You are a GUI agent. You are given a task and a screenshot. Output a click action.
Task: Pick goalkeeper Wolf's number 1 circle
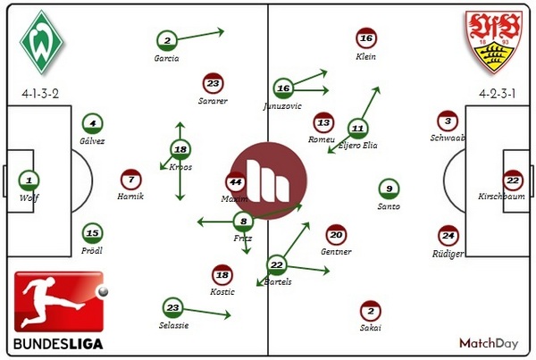coord(29,180)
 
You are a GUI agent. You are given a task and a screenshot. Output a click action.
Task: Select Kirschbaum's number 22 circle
coord(511,180)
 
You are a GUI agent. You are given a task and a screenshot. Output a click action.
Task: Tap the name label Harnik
coord(130,196)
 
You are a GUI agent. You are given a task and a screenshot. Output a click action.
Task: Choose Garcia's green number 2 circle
coord(166,39)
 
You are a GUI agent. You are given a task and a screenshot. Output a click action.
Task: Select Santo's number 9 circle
coord(389,188)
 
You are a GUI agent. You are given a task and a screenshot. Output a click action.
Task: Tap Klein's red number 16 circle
coord(364,39)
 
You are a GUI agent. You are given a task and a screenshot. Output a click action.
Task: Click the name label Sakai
coord(370,328)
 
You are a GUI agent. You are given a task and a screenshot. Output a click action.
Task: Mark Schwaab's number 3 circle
coord(448,121)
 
